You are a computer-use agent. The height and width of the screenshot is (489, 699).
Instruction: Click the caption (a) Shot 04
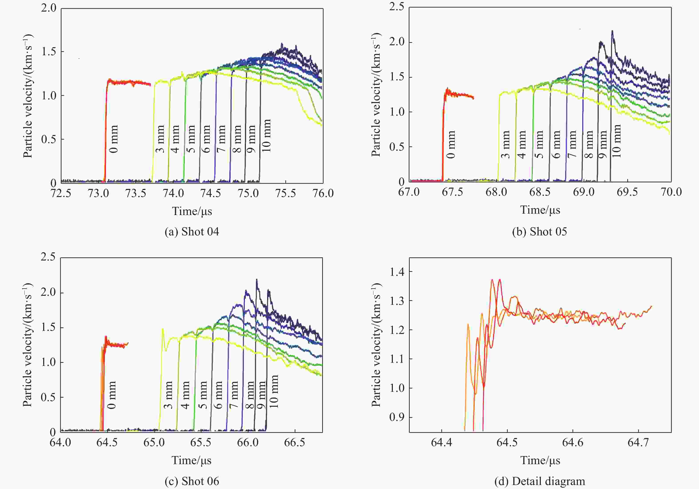coord(192,232)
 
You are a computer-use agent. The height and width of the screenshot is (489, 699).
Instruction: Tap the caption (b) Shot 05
coord(539,232)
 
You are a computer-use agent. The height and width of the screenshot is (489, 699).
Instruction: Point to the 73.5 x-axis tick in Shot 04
coord(136,193)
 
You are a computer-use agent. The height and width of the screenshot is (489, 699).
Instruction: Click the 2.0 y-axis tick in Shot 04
coord(49,8)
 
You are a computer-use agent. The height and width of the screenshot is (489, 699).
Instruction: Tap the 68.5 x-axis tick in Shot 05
coord(540,192)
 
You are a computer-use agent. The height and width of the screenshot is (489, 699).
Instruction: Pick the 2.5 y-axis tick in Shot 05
coord(397,7)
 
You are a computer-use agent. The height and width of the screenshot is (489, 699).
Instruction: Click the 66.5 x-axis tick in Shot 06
coord(294,442)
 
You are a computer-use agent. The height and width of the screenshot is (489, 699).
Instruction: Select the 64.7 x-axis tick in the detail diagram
coord(638,442)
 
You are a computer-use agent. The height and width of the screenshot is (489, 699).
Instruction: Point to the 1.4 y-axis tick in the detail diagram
coord(397,272)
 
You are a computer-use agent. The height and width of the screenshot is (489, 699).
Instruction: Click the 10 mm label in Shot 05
coord(616,141)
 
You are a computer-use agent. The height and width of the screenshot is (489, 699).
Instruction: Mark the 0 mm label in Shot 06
coord(112,395)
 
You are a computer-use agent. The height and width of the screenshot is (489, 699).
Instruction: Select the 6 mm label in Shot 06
coord(218,395)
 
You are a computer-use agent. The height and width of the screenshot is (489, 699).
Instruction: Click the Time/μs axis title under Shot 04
coord(192,211)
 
